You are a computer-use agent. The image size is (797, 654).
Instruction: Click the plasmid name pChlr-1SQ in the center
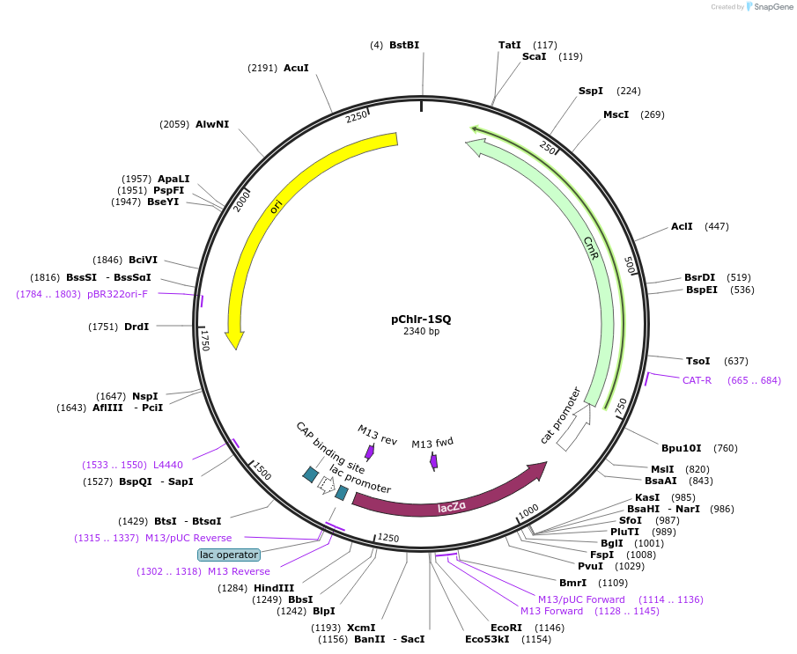421,319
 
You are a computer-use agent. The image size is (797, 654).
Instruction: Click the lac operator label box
229,555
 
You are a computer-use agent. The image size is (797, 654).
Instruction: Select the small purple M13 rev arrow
370,452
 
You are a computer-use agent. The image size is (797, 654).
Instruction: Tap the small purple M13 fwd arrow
434,460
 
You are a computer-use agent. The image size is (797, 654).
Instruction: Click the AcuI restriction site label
296,68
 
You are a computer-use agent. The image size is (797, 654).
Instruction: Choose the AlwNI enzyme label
212,124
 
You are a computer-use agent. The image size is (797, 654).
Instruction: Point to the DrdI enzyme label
137,327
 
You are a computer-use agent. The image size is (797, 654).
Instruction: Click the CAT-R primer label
697,380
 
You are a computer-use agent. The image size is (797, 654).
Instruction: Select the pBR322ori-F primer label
117,294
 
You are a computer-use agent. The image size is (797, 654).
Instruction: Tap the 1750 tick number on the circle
204,340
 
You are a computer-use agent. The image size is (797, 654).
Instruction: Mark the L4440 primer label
168,464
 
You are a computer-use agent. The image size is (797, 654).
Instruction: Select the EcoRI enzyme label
506,628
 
